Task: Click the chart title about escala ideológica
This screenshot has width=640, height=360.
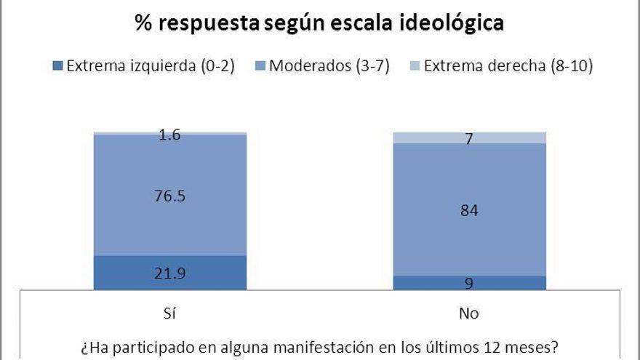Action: point(319,23)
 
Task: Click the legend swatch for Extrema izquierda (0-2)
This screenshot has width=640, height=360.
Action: point(58,67)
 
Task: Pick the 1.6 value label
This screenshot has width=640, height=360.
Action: point(170,135)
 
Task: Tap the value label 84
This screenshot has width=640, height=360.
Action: point(469,211)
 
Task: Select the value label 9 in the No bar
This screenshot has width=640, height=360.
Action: point(469,284)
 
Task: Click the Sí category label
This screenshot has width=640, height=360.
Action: point(170,314)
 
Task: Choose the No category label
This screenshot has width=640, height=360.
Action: point(469,314)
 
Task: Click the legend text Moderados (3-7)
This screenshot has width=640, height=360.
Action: point(329,67)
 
